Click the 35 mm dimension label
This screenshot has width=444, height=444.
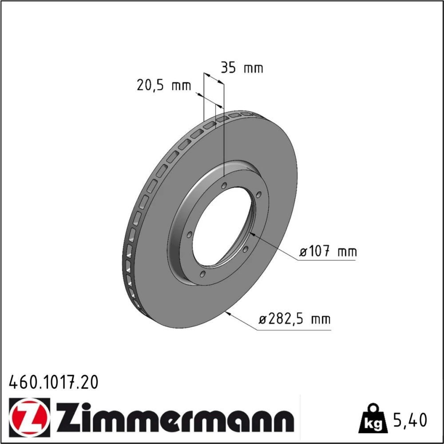(x=242, y=68)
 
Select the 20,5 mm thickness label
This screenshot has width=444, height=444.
(x=164, y=85)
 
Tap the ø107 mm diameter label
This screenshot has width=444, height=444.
(x=328, y=251)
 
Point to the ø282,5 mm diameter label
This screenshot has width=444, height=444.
(x=294, y=319)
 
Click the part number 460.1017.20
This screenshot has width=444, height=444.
(x=54, y=382)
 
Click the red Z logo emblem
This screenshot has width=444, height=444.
(x=29, y=416)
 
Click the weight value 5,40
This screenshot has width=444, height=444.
(x=410, y=420)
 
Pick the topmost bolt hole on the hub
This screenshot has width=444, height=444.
(x=224, y=186)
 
